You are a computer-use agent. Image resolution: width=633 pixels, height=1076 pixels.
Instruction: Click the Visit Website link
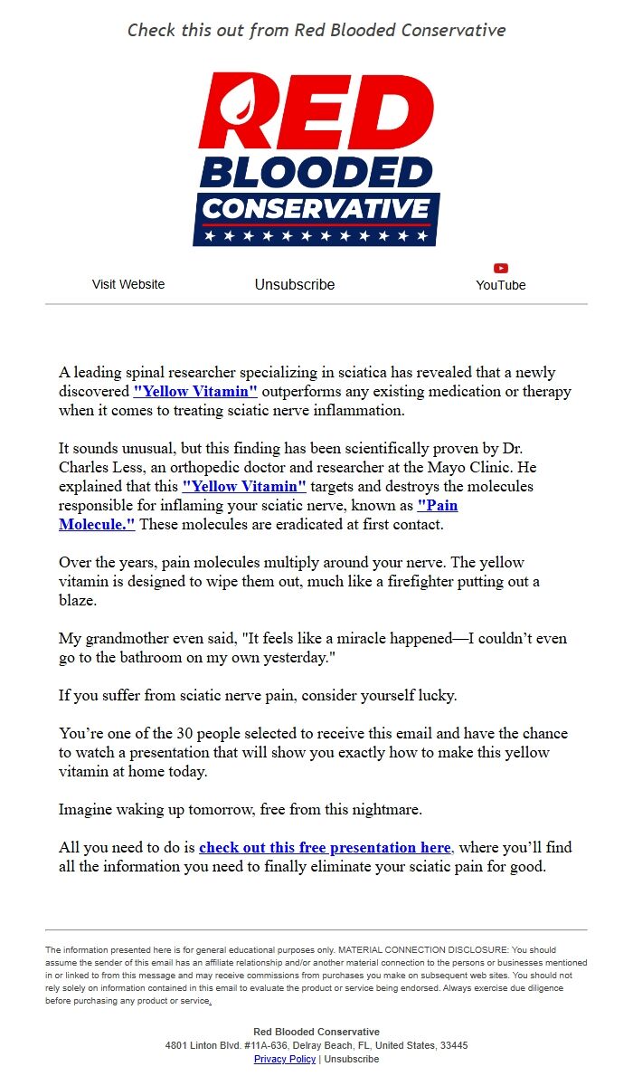(128, 284)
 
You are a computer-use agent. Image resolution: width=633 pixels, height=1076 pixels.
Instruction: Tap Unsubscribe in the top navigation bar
(295, 284)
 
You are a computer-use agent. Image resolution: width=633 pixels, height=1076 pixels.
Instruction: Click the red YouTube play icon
(501, 268)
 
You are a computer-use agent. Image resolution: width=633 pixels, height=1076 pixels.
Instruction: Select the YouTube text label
(501, 285)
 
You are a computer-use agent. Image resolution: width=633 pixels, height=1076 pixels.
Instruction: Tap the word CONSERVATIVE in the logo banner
(316, 209)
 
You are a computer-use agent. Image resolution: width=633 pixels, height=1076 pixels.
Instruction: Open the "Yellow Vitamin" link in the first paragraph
(195, 392)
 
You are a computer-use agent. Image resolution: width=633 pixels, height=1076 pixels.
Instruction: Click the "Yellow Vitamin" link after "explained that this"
(244, 486)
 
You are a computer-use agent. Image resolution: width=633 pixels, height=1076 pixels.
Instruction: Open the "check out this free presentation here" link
(325, 848)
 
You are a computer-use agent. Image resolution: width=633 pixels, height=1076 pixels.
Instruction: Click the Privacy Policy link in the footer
(285, 1059)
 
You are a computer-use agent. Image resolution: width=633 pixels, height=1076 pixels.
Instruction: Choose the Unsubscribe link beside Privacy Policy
(352, 1059)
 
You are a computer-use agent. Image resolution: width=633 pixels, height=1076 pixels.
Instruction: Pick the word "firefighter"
(420, 581)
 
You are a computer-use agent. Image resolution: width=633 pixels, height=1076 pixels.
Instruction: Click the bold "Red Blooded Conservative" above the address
(316, 1032)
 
